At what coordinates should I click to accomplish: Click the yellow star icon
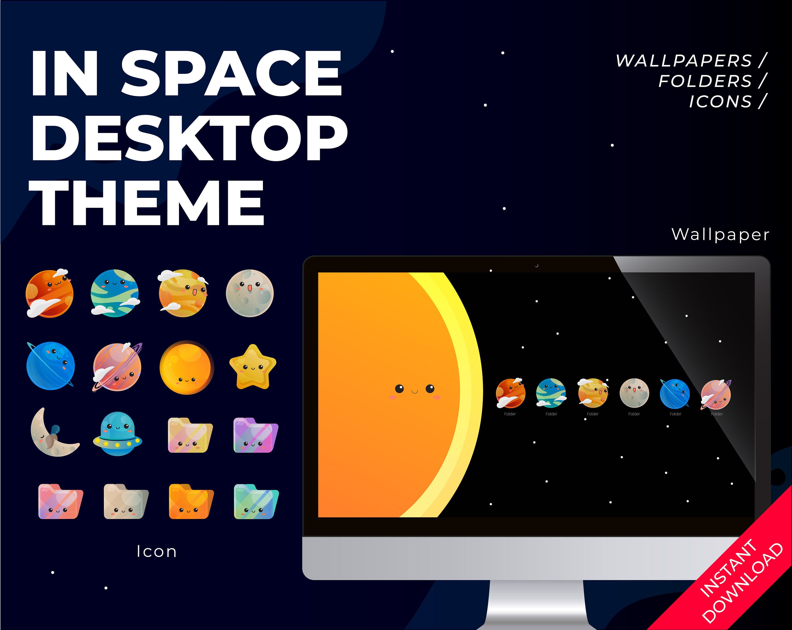click(x=253, y=367)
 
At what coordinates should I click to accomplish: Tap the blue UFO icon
click(x=117, y=433)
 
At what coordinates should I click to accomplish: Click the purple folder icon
click(x=256, y=435)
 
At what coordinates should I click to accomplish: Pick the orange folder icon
click(x=191, y=502)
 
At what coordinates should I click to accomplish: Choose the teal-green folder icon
click(x=256, y=502)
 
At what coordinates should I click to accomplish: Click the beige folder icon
click(x=126, y=502)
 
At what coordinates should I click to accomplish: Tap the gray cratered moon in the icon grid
click(x=250, y=293)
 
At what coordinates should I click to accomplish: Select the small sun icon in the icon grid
click(x=187, y=367)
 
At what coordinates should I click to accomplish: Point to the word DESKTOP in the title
click(x=190, y=138)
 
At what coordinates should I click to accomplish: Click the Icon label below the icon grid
click(x=157, y=551)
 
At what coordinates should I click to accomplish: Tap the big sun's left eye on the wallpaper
click(x=399, y=388)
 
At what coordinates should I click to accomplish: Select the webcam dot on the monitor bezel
click(x=537, y=265)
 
